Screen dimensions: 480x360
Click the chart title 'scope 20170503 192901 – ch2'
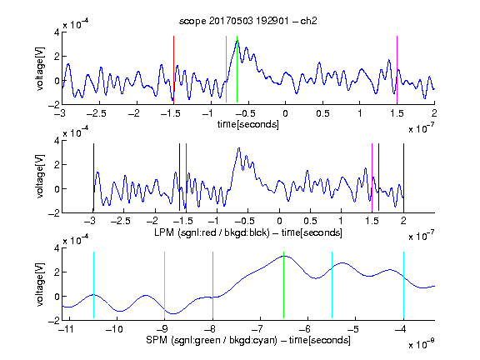[x=248, y=21]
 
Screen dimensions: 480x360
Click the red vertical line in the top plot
[x=173, y=69]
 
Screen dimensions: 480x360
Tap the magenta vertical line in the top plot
[x=397, y=69]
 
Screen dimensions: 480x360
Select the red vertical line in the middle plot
[x=186, y=177]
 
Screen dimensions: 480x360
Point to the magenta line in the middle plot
[x=372, y=177]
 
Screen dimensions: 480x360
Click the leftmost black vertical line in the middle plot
[x=93, y=177]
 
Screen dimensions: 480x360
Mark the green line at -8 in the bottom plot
[x=212, y=285]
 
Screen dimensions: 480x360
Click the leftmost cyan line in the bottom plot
[x=93, y=285]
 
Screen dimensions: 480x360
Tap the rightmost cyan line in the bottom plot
[x=403, y=285]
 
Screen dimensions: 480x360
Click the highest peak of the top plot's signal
[x=237, y=41]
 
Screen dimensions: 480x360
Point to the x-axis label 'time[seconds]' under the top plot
[x=248, y=124]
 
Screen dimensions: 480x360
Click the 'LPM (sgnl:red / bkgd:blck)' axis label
[x=212, y=232]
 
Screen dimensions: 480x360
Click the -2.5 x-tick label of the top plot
[x=96, y=113]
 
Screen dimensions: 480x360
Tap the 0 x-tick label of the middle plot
[x=279, y=221]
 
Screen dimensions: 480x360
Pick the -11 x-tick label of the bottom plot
[x=67, y=329]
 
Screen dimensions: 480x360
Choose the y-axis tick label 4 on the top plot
[x=57, y=32]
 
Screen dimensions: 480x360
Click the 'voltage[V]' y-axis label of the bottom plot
[x=40, y=285]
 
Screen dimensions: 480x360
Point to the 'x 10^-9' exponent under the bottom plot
[x=421, y=344]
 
